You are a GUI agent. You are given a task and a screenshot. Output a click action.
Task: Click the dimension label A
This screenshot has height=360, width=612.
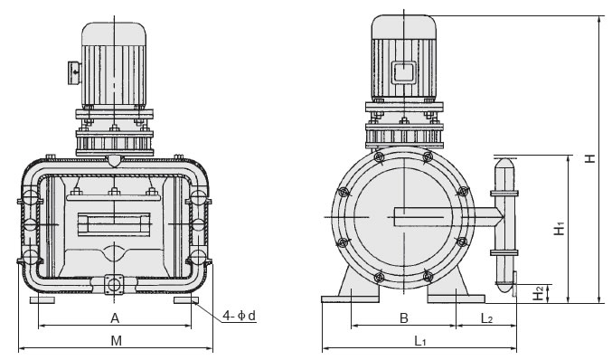point(115,318)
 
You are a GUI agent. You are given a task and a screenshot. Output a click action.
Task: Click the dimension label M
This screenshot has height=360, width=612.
point(117,341)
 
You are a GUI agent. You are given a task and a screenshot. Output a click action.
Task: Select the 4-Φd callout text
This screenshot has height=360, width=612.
point(240,315)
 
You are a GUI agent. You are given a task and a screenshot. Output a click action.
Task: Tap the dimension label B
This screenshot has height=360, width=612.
point(404,318)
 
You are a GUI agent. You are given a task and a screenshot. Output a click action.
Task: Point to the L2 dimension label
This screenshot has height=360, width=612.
point(486,318)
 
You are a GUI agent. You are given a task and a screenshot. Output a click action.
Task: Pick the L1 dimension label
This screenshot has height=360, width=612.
point(419,341)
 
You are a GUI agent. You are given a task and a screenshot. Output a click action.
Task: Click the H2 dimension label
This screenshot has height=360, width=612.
point(539,293)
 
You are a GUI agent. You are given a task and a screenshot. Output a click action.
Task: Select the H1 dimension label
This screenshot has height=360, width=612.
point(560,229)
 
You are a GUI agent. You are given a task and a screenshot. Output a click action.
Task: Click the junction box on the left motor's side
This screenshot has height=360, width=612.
point(74,72)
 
